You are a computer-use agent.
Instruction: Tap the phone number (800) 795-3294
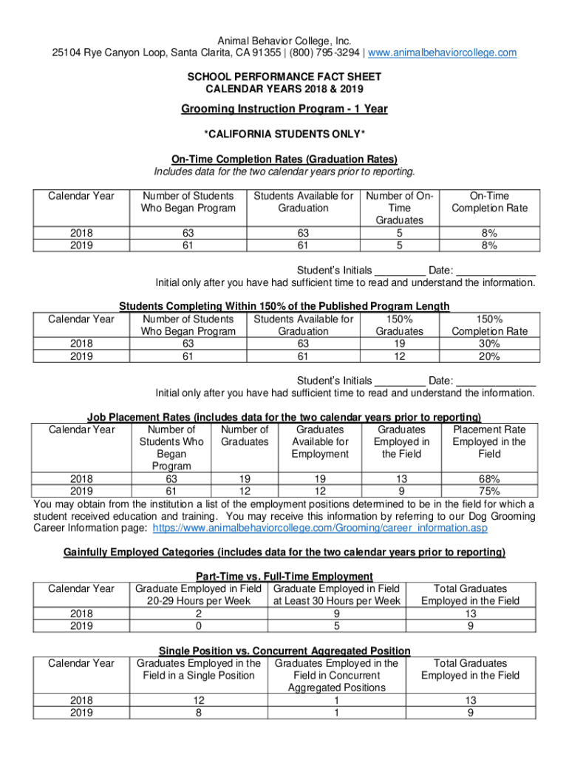[x=327, y=52]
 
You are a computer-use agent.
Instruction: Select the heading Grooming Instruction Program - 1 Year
[x=284, y=109]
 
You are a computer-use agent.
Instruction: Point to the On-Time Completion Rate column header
[x=489, y=202]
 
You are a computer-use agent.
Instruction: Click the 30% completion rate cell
[x=489, y=344]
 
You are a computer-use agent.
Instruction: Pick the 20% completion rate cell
[x=489, y=356]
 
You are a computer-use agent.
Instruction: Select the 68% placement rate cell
[x=489, y=478]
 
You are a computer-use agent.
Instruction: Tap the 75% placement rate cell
[x=489, y=491]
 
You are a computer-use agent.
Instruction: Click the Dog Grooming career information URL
[x=319, y=529]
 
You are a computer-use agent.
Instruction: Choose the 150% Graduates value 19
[x=400, y=344]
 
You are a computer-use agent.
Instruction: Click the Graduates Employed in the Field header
[x=402, y=441]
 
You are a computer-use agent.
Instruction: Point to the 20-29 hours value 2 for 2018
[x=199, y=614]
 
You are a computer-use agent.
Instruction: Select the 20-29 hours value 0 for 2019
[x=199, y=626]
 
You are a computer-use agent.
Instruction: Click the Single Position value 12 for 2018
[x=199, y=700]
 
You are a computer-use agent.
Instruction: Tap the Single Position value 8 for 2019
[x=199, y=713]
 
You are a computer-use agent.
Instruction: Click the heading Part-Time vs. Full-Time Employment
[x=284, y=576]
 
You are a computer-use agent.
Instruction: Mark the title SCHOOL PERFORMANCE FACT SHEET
[x=284, y=78]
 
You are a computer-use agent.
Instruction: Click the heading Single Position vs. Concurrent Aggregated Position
[x=284, y=651]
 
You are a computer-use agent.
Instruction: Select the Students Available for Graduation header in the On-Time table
[x=303, y=202]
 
